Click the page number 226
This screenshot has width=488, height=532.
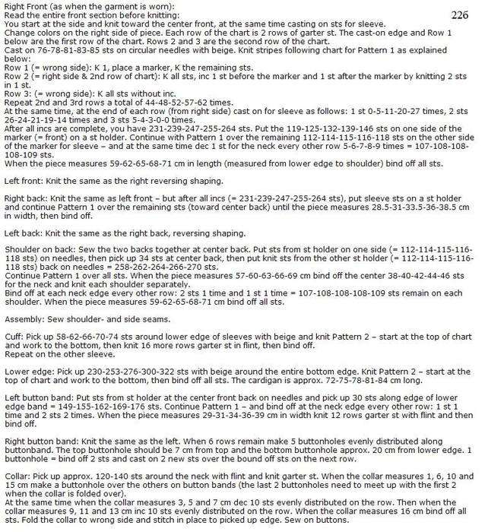click(x=460, y=14)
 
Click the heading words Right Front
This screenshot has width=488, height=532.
click(x=25, y=6)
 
